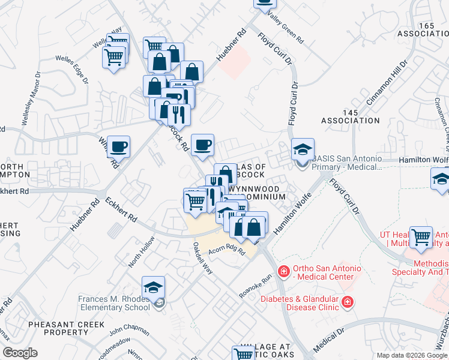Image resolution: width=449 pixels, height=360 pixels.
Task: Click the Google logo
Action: (19, 353)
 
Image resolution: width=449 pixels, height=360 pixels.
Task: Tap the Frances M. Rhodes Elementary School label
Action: (114, 303)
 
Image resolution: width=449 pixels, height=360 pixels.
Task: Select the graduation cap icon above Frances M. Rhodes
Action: (154, 287)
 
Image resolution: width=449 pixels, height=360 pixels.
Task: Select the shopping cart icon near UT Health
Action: (421, 237)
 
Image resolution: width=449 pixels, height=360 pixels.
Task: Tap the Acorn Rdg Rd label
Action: (227, 251)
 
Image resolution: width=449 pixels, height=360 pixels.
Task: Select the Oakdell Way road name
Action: (203, 258)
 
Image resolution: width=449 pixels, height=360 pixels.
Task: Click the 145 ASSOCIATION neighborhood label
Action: (351, 116)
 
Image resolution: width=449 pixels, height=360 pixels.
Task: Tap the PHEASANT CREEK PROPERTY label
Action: (66, 328)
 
